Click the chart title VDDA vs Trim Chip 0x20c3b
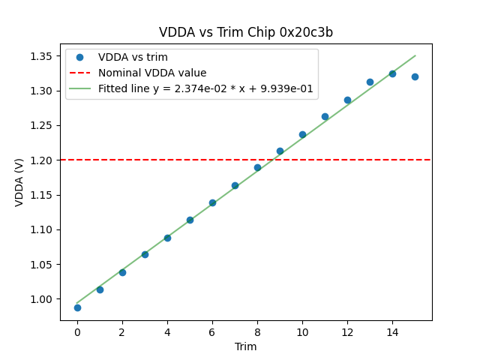(246, 32)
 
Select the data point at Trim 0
(77, 307)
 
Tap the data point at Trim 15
(415, 76)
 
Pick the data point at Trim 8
(257, 167)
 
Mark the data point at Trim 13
(370, 82)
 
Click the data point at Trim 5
(190, 220)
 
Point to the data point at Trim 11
(325, 116)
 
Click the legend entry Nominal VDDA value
(152, 73)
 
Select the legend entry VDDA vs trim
(133, 58)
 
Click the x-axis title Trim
(246, 346)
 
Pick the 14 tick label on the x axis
(392, 332)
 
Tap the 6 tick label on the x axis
(212, 332)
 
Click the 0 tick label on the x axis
(77, 332)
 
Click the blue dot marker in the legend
(79, 58)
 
